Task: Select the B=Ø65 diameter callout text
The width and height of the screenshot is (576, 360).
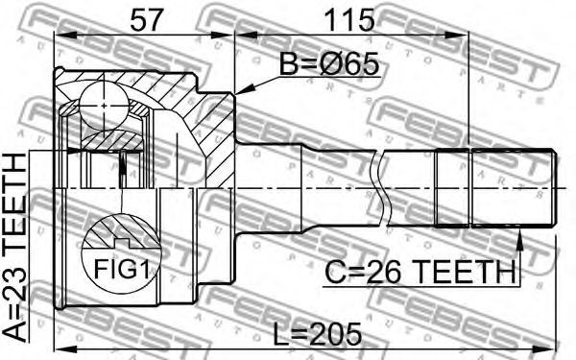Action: pos(328,63)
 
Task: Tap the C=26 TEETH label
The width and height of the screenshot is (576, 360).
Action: pos(420,273)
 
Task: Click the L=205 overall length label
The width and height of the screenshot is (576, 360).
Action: pos(318,335)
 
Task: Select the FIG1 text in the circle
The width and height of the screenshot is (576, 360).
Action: pos(121,269)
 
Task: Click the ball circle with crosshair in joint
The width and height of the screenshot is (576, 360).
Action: pos(105,106)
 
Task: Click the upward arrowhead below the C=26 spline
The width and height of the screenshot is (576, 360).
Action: pos(519,239)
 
